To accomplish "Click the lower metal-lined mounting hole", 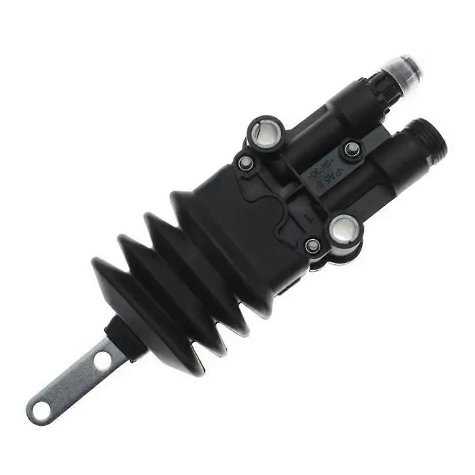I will click(x=343, y=230).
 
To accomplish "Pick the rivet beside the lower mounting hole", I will click(x=313, y=246).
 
